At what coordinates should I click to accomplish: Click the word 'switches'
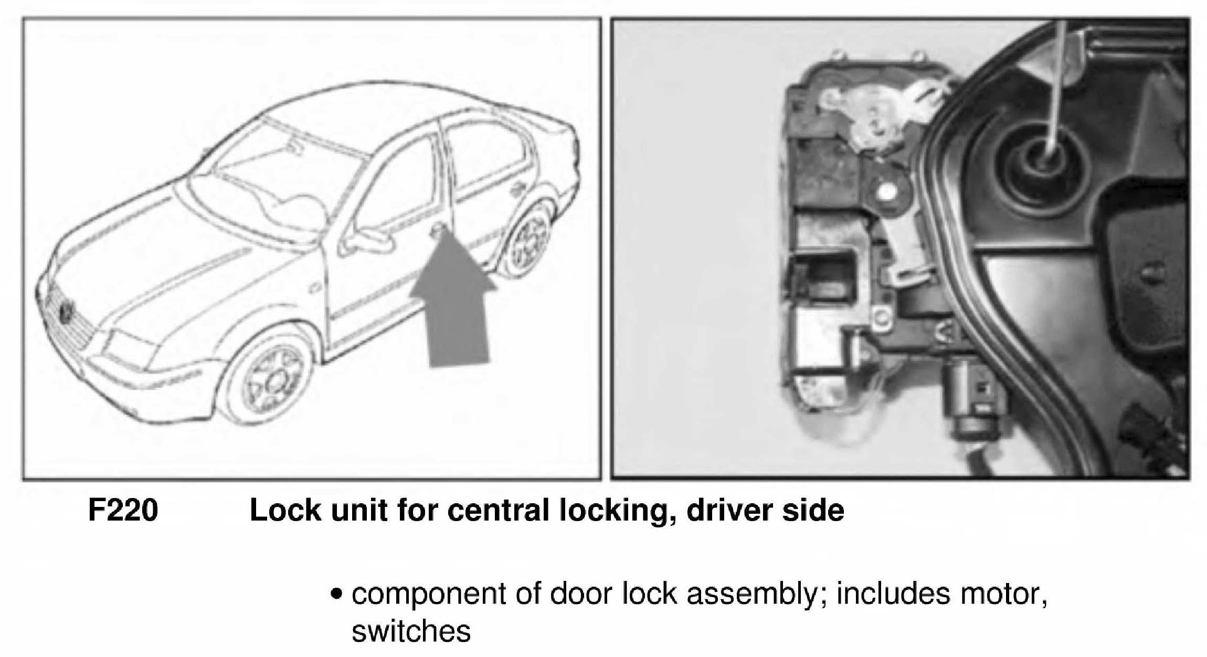[x=411, y=631]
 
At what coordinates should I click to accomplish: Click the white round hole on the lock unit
[x=886, y=193]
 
